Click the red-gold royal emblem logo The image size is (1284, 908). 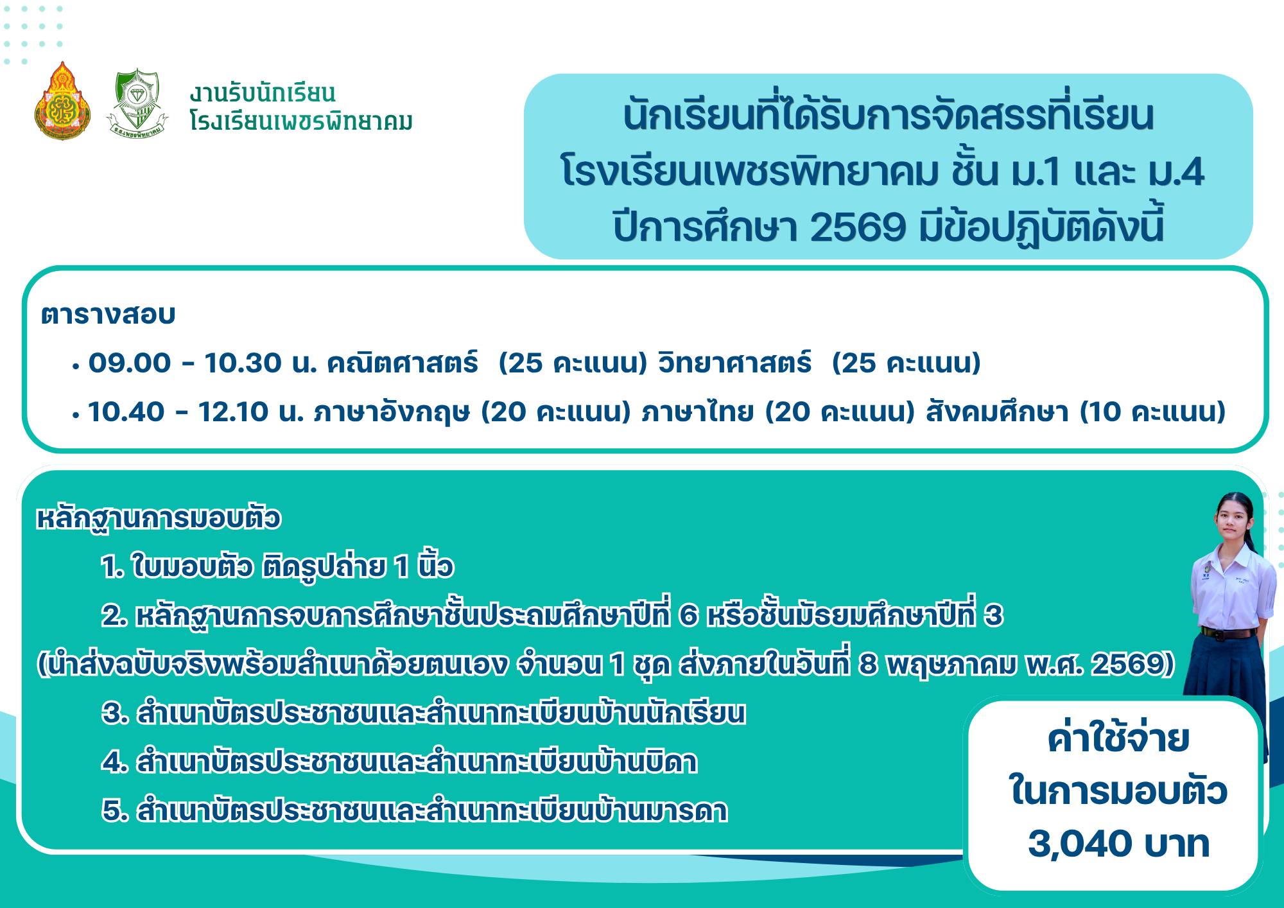point(62,101)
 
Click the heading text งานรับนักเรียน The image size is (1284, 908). point(263,94)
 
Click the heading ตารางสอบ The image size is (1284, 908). point(108,315)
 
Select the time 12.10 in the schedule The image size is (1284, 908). point(233,412)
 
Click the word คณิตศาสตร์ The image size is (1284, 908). point(403,363)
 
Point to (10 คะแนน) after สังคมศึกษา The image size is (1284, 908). point(1153,412)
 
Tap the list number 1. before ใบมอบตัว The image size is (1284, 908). point(111,568)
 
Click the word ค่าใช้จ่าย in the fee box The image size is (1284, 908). point(1118,740)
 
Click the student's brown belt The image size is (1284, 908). point(1229,633)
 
